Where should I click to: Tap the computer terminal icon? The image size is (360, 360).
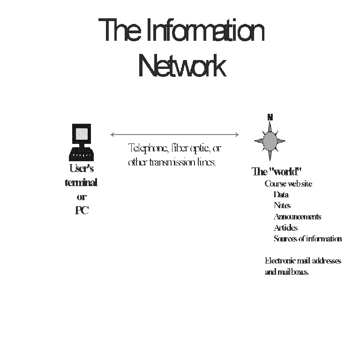(x=81, y=142)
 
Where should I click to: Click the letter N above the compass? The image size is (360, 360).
(x=270, y=117)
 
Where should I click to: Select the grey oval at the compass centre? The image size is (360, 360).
(x=270, y=140)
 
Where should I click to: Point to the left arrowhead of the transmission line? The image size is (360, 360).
(x=112, y=135)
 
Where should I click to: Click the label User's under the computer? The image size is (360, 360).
(x=81, y=168)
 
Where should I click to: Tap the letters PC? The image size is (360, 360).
(x=82, y=211)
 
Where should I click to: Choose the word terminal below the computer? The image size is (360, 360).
(x=81, y=182)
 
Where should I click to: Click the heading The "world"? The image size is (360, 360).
(x=276, y=172)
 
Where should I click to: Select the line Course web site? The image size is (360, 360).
(x=288, y=184)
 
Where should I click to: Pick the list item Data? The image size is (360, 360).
(x=281, y=195)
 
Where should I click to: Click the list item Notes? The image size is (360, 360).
(x=282, y=205)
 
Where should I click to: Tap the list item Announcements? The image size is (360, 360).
(x=297, y=217)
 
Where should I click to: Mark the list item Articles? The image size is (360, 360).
(x=285, y=228)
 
